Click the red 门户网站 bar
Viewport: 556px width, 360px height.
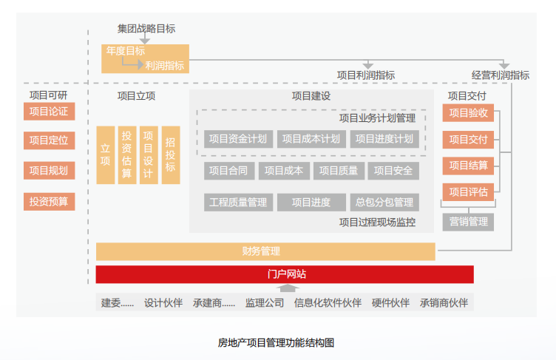pos(285,274)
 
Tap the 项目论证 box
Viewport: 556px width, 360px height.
pos(49,112)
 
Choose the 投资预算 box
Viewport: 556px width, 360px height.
pos(49,201)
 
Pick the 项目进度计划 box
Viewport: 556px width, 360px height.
pos(384,138)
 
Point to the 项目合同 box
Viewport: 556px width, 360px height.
pos(228,171)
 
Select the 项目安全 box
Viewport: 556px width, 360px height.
pos(393,171)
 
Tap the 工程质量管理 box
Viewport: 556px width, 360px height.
pos(238,202)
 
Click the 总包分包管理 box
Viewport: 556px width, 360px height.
pos(384,202)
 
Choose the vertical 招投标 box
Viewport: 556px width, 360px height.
pos(170,154)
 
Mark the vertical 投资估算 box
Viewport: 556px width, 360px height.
pos(127,154)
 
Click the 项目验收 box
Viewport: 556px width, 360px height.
pos(468,113)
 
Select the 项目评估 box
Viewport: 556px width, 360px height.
pos(468,192)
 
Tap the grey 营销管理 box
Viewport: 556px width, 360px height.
pos(468,221)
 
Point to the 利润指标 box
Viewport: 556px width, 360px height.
pos(165,66)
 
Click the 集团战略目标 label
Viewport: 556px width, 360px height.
pos(146,29)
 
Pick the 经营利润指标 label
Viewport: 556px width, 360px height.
pos(501,75)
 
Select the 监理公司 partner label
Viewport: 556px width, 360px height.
pos(264,302)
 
